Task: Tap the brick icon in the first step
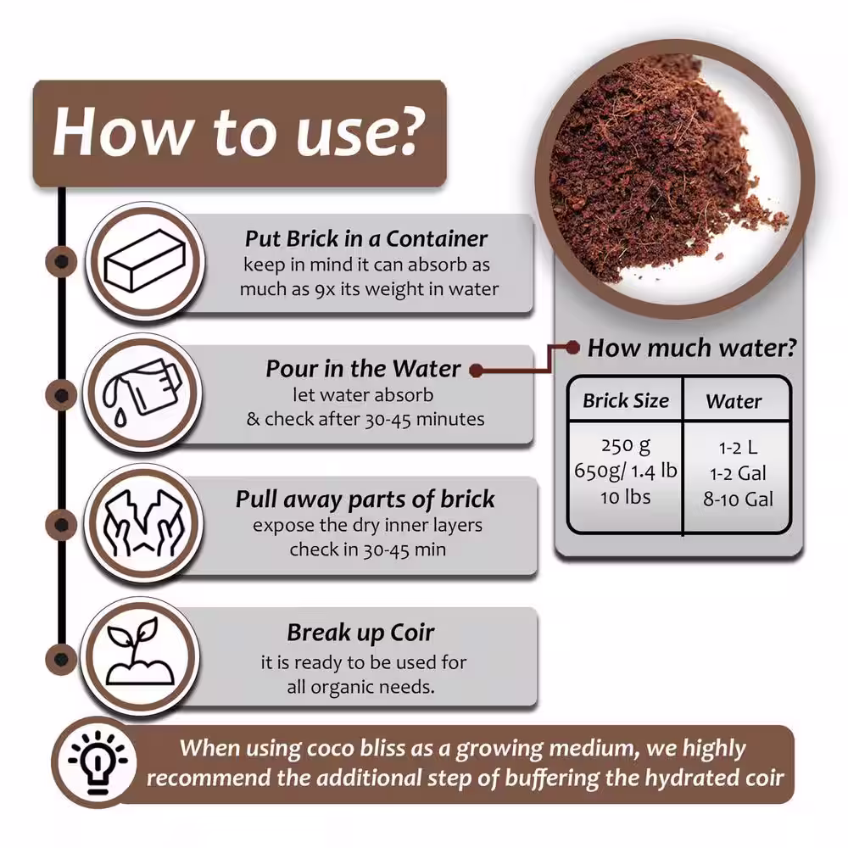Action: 145,261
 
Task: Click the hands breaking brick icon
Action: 143,522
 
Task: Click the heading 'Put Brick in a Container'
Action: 366,238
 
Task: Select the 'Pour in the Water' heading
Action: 363,369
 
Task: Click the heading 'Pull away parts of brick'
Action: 365,499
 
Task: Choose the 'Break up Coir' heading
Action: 360,633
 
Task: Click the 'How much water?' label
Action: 692,348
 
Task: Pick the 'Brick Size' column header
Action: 626,401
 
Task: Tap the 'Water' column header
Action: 734,401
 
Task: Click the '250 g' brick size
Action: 626,446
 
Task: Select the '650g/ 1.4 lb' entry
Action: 626,471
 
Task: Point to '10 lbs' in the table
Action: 625,497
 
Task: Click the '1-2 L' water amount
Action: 739,448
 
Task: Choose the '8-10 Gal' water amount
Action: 739,499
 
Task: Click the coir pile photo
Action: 674,178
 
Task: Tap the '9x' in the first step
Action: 325,290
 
